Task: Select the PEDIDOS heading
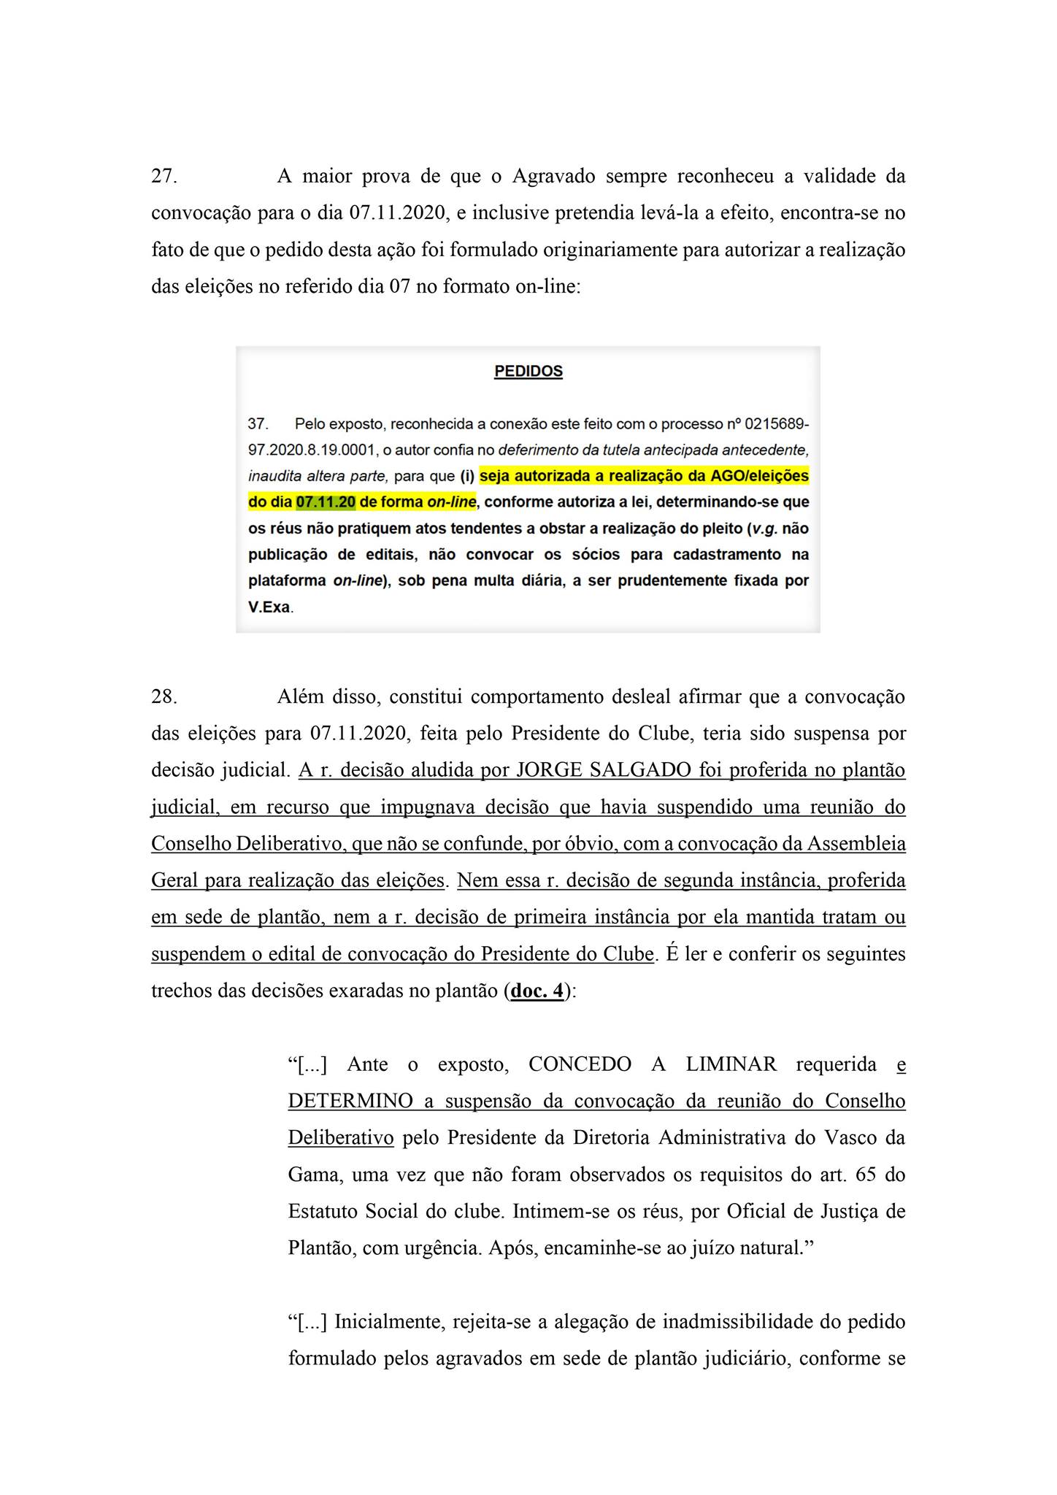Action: (528, 372)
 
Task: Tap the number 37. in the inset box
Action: (258, 424)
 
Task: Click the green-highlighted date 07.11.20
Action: (326, 502)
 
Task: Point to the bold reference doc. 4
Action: (537, 991)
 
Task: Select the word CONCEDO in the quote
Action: (580, 1064)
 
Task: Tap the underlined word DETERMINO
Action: (350, 1101)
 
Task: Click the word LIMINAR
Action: (731, 1064)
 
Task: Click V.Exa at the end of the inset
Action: (269, 607)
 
